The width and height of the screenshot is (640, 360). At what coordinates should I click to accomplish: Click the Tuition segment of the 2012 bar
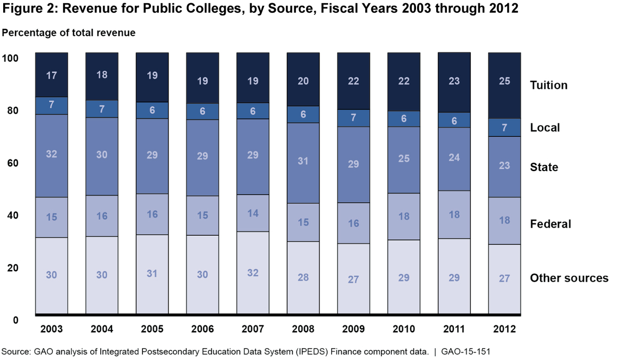pyautogui.click(x=504, y=85)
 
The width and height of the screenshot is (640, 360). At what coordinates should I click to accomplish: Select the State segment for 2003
pyautogui.click(x=51, y=156)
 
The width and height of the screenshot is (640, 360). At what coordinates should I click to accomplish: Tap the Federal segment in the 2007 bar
pyautogui.click(x=253, y=213)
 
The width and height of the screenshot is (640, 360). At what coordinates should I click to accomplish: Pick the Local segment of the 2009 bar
pyautogui.click(x=353, y=118)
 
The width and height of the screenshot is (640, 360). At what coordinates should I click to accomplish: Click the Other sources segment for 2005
pyautogui.click(x=152, y=274)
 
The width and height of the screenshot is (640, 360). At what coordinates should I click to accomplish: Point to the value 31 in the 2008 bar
pyautogui.click(x=303, y=161)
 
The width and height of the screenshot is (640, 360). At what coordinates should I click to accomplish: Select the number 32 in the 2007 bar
pyautogui.click(x=253, y=273)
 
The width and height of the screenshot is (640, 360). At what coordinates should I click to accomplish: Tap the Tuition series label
pyautogui.click(x=548, y=85)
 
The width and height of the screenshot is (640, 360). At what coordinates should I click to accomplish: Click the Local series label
pyautogui.click(x=545, y=127)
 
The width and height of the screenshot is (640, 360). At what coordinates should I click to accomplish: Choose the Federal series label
pyautogui.click(x=550, y=224)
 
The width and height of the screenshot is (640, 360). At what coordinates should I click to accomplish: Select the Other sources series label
pyautogui.click(x=569, y=278)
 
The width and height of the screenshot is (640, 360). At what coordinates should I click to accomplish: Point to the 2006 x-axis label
pyautogui.click(x=202, y=329)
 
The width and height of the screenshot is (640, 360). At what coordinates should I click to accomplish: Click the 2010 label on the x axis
pyautogui.click(x=404, y=329)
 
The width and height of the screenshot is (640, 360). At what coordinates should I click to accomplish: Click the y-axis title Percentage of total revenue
pyautogui.click(x=69, y=33)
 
